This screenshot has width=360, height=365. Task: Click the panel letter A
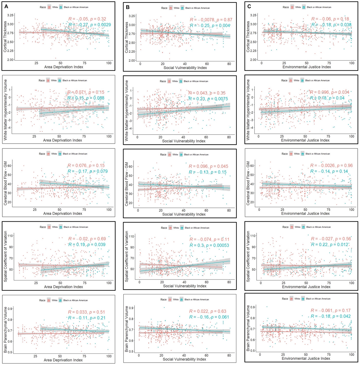tap(6, 6)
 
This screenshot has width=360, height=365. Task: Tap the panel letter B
tap(128, 7)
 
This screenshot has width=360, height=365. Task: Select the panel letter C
tap(249, 6)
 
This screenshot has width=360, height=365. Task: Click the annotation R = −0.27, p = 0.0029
tap(90, 25)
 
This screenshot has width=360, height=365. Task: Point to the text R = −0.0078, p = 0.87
tap(211, 20)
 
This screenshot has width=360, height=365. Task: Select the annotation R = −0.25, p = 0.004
tap(210, 26)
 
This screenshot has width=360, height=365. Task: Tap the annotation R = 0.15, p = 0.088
tap(86, 98)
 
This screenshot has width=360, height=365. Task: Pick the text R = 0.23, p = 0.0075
tap(208, 99)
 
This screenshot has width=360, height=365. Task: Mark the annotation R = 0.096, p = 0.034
tap(330, 92)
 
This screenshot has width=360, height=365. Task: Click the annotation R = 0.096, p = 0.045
tap(208, 166)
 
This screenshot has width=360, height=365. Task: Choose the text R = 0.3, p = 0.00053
tap(209, 245)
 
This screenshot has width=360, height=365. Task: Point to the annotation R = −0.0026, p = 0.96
tap(331, 165)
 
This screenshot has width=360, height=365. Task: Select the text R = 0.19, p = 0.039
tap(87, 245)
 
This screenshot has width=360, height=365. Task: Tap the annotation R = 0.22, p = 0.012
tap(330, 245)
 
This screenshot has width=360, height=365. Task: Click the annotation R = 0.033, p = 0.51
tap(86, 312)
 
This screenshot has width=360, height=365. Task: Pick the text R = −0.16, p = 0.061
tap(209, 317)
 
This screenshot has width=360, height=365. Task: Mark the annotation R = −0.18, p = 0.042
tap(331, 316)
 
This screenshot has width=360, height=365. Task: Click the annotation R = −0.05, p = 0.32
tap(87, 19)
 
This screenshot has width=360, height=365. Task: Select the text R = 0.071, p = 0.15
tap(86, 92)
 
